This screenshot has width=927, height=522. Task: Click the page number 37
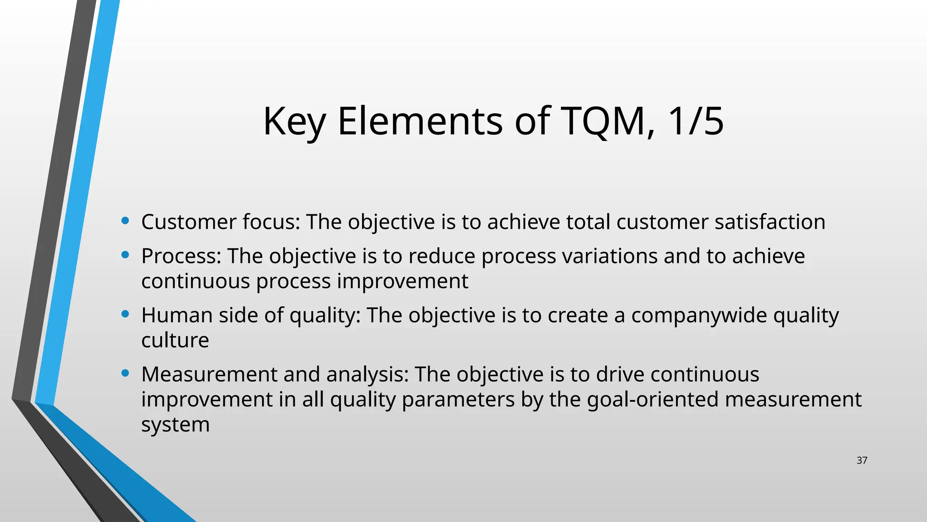tap(862, 460)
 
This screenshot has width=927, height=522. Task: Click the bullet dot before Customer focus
tap(125, 221)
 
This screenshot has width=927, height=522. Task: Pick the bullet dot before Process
tap(125, 255)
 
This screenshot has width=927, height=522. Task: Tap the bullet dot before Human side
tap(125, 314)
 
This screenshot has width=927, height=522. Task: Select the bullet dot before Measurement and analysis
tap(125, 373)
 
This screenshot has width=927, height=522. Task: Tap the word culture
tap(175, 340)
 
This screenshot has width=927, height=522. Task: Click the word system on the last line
tap(175, 425)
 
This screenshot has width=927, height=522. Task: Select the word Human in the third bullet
tap(177, 315)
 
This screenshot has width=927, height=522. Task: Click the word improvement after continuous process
tap(402, 281)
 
